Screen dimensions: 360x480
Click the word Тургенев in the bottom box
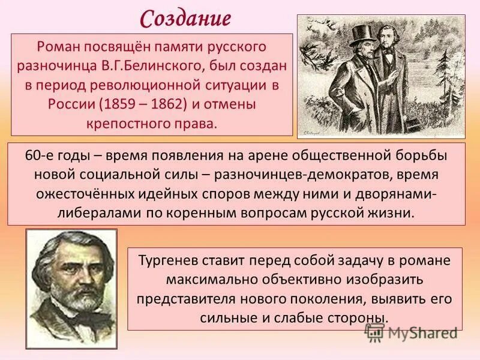[x=171, y=261]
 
